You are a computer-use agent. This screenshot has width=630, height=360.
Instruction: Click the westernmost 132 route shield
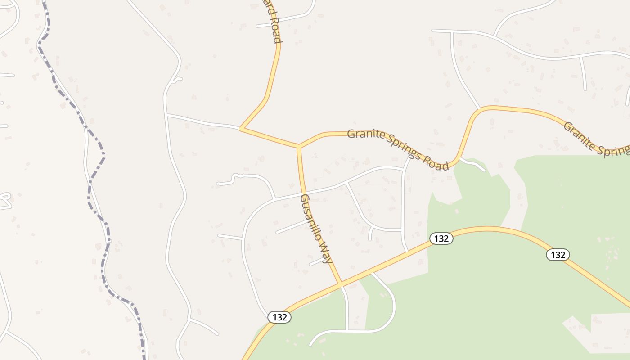coord(279,317)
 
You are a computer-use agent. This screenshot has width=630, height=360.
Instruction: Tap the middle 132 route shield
coord(441,238)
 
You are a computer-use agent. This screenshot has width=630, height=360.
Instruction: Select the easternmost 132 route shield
coord(558,255)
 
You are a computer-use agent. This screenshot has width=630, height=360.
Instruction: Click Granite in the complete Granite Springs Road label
coord(366,134)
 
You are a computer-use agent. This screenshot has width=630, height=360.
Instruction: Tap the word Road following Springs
coord(437,163)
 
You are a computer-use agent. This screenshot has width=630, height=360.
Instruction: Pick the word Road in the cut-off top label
coord(275,30)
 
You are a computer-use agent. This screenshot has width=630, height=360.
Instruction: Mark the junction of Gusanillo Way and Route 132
coord(341,283)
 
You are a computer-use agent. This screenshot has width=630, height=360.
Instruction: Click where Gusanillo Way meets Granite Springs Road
coord(298,146)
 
